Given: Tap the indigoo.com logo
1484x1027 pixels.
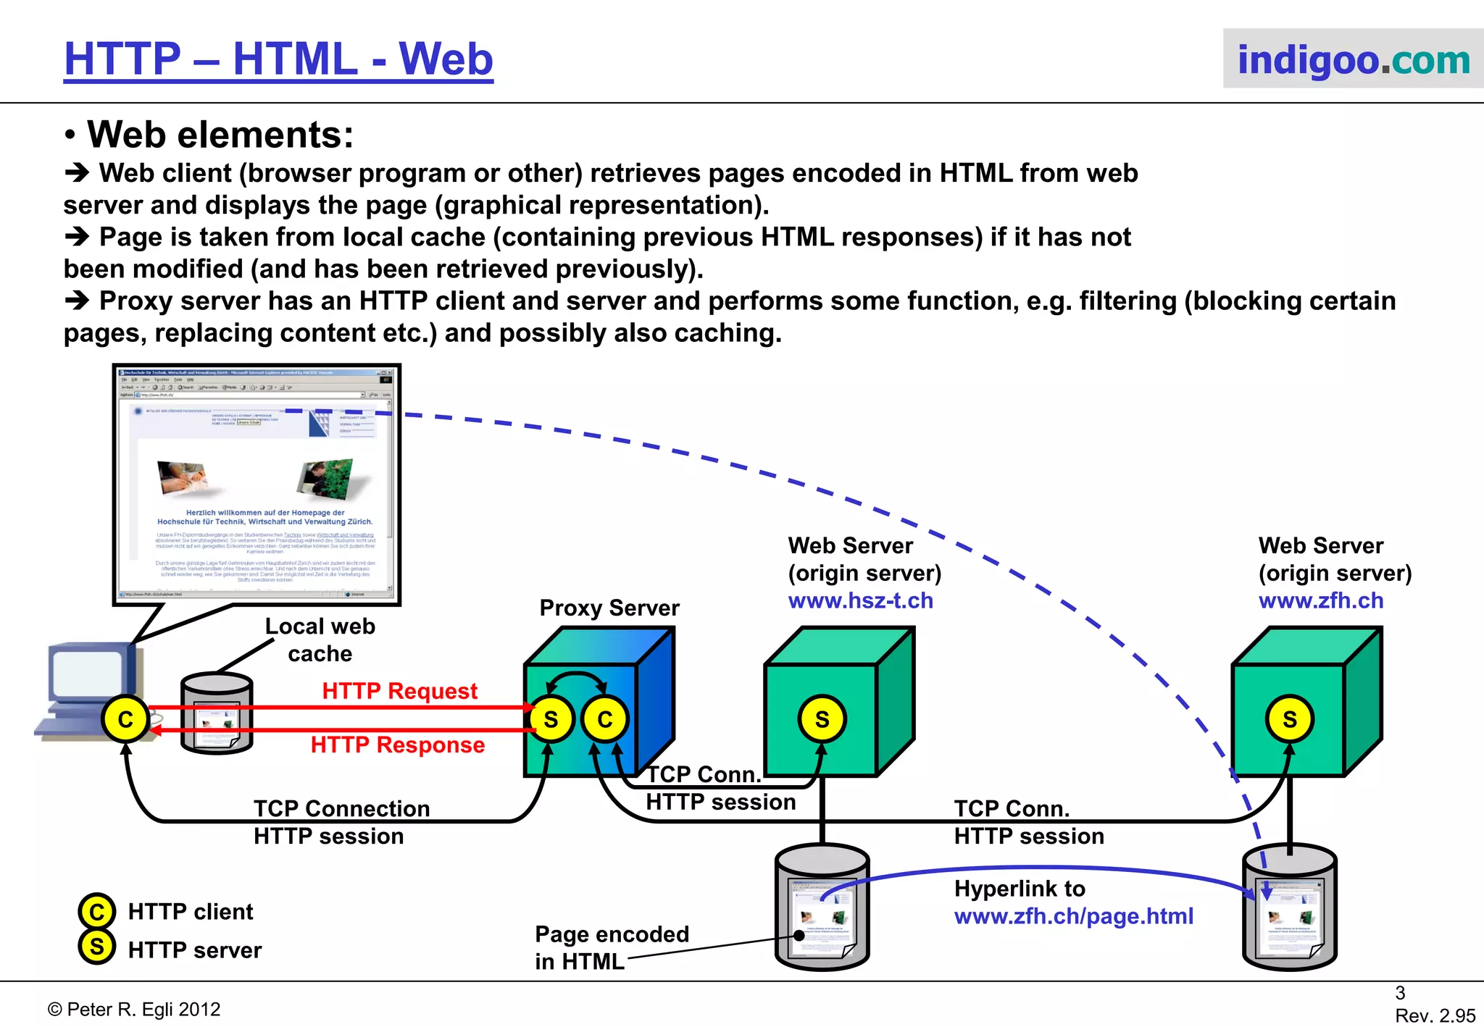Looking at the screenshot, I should click(1353, 59).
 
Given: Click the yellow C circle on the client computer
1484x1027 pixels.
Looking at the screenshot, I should click(125, 719).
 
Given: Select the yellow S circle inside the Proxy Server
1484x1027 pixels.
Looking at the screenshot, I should click(551, 719).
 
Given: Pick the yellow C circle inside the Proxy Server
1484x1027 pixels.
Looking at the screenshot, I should click(604, 719).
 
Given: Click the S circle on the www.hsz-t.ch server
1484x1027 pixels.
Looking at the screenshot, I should click(822, 719).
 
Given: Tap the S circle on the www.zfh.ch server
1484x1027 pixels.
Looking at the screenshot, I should click(1289, 719).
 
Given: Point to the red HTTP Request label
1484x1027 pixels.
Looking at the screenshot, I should click(399, 691).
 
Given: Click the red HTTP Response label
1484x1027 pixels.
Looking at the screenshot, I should click(397, 745).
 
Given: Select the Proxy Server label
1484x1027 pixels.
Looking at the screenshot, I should click(609, 608).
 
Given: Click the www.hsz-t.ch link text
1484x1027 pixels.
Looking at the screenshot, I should click(860, 600).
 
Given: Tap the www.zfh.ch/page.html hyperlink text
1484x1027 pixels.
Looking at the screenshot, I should click(1073, 916).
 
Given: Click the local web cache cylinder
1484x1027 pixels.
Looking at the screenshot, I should click(217, 713).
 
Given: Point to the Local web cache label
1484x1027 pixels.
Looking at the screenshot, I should click(320, 640).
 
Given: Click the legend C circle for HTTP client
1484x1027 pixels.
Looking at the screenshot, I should click(96, 911).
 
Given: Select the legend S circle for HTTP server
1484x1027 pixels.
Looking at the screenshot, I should click(96, 947).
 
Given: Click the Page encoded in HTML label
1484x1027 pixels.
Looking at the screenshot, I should click(611, 947).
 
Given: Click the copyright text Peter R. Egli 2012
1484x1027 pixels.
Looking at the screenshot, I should click(134, 1010).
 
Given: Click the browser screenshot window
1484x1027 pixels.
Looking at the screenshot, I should click(257, 485).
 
